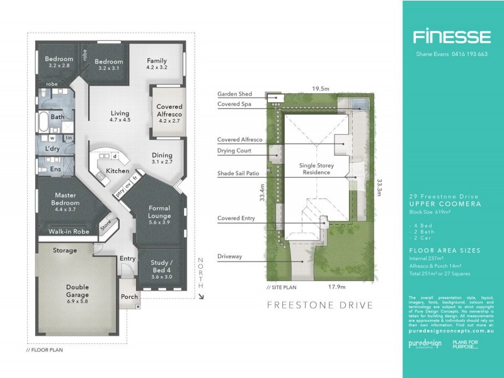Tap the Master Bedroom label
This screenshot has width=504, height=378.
(66, 199)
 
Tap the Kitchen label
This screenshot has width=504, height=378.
(118, 171)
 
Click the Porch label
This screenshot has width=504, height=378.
(129, 297)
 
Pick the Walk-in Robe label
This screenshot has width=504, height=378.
(67, 232)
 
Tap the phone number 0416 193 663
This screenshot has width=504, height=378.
(469, 54)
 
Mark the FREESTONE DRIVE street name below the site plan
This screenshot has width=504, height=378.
(321, 306)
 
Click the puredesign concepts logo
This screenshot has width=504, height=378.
(425, 344)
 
